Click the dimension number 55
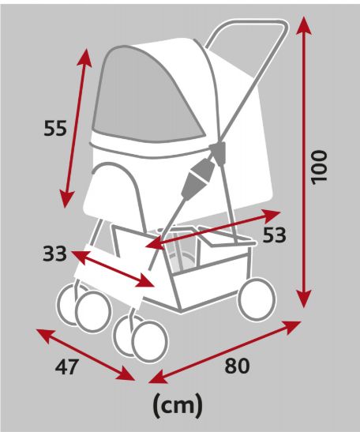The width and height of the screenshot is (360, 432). click(55, 129)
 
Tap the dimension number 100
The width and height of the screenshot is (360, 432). click(319, 167)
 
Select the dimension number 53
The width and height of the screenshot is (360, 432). click(274, 235)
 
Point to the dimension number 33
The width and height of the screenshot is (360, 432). click(54, 254)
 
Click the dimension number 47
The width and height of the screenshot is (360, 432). click(67, 366)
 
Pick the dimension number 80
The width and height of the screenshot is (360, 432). click(237, 366)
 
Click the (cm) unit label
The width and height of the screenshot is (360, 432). click(178, 405)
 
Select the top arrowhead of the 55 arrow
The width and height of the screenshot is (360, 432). click(85, 58)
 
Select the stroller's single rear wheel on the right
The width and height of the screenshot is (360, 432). click(257, 299)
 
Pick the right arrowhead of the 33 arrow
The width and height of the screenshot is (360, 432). click(145, 281)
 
